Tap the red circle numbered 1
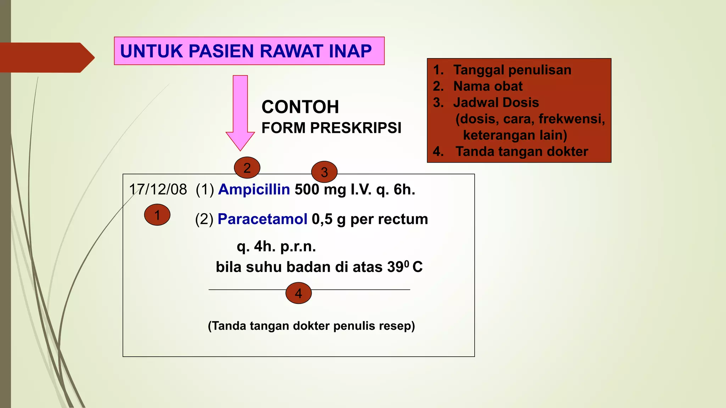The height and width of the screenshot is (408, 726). pyautogui.click(x=157, y=215)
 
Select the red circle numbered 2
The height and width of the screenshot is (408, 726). pyautogui.click(x=247, y=168)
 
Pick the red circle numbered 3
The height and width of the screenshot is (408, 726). pyautogui.click(x=324, y=172)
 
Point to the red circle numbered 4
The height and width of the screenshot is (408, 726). pyautogui.click(x=298, y=293)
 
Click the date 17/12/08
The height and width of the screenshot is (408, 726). pyautogui.click(x=158, y=189)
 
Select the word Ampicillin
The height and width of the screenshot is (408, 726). pyautogui.click(x=254, y=189)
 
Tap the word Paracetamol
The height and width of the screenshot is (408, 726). pyautogui.click(x=262, y=219)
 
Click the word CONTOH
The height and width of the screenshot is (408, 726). pyautogui.click(x=300, y=107)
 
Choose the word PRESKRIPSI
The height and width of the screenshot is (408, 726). pyautogui.click(x=356, y=128)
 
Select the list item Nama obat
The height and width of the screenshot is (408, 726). pyautogui.click(x=488, y=86)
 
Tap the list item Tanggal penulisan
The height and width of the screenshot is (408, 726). pyautogui.click(x=512, y=70)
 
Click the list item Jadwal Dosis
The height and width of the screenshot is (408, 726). pyautogui.click(x=496, y=103)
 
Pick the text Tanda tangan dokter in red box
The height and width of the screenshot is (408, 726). pyautogui.click(x=521, y=152)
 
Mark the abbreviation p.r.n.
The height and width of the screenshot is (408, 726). pyautogui.click(x=298, y=246)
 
